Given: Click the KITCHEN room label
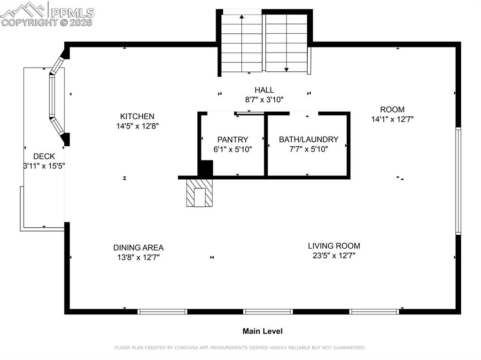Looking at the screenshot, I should [137, 116].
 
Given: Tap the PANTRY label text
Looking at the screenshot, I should [233, 139].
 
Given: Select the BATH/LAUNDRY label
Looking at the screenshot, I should [309, 139].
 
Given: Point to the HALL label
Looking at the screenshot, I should [264, 90].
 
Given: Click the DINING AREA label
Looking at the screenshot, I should [138, 247].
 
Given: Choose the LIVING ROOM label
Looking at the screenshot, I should [334, 245].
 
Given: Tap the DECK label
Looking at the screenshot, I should [44, 156].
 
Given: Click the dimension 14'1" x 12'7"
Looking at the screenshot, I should [392, 119].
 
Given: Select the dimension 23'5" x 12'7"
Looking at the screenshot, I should [334, 256].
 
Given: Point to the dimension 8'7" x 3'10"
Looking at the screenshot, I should [264, 100].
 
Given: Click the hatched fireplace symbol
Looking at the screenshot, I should [200, 192].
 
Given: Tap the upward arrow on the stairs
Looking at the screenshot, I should [242, 18].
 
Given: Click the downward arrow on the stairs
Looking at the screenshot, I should [286, 69].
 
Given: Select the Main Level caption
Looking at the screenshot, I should [263, 331].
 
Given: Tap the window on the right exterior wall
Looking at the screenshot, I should [458, 181].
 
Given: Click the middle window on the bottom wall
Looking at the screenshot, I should [268, 311].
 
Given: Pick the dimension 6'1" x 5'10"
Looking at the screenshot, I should [233, 149].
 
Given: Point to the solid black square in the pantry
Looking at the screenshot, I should [205, 168].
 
